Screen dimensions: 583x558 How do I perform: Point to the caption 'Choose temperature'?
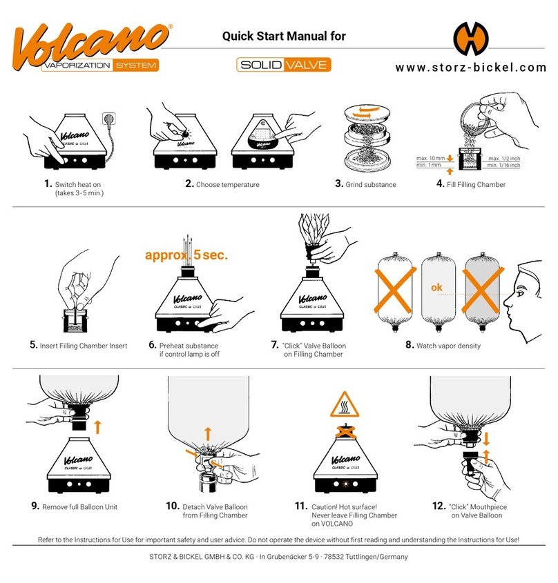coord(227,185)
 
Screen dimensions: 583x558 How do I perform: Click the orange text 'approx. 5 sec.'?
coord(186,255)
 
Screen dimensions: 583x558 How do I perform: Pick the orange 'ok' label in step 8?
coord(436,288)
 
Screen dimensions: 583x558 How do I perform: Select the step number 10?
coord(173,506)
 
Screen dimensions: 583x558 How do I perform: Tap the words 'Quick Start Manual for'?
coord(284,37)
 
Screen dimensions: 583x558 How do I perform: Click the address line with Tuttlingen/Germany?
coord(279,557)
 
